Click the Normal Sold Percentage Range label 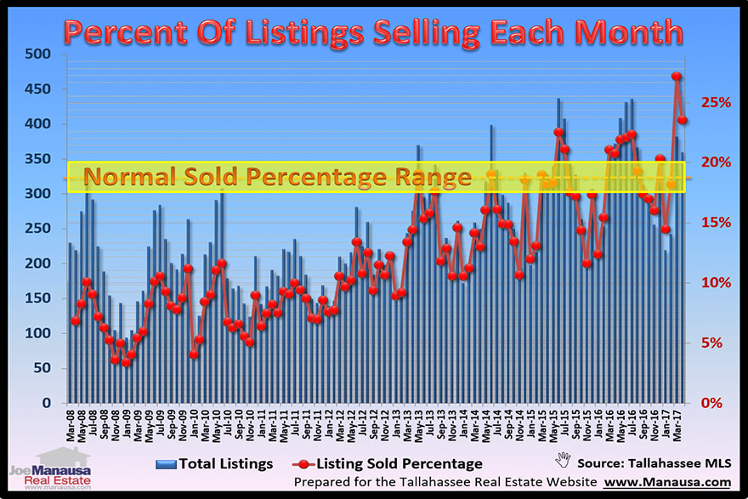[x=278, y=178]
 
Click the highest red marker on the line [x=677, y=77]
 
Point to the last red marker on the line [x=683, y=121]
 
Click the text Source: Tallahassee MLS [x=654, y=464]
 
